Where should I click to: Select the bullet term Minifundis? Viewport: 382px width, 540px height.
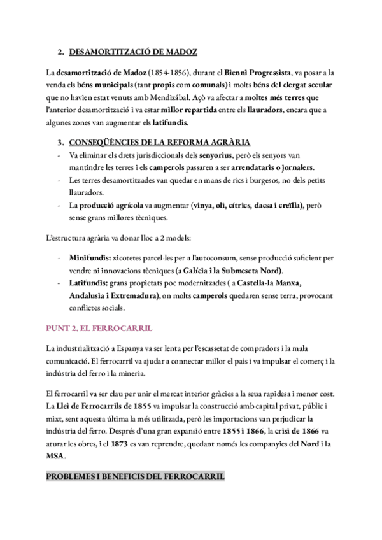click(x=89, y=260)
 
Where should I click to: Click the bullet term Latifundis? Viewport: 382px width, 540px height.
click(x=87, y=284)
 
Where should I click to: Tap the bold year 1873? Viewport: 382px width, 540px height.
click(x=125, y=444)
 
